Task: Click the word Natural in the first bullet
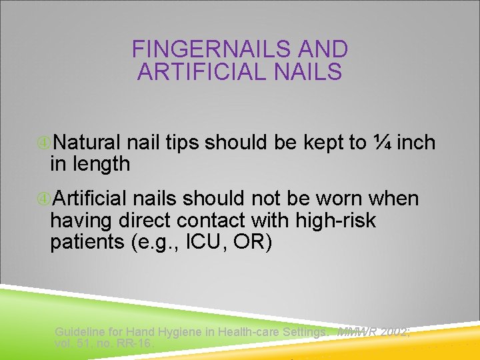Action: pos(87,143)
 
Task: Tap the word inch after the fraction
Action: pos(416,142)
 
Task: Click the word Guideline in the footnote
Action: pos(80,332)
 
